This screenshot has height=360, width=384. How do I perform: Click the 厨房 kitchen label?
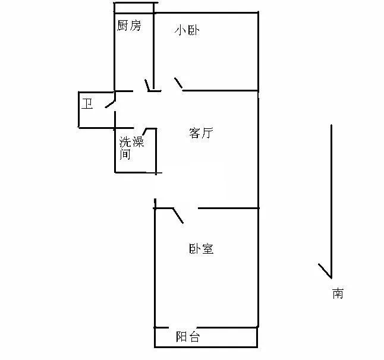coord(129,26)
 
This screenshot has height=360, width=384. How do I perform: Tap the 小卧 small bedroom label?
coord(187,30)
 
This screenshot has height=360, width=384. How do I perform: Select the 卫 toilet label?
coord(87,104)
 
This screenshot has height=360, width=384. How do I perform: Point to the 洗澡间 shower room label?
coord(131,148)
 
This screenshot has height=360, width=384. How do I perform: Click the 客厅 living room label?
coord(201,133)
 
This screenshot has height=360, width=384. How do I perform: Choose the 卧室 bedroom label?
coord(202,249)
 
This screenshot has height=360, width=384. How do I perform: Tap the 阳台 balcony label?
coord(188,337)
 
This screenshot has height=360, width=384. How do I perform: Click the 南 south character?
coord(338,293)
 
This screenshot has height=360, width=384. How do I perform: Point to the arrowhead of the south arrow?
coord(331,278)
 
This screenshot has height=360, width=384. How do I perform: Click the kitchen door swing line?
coord(147,86)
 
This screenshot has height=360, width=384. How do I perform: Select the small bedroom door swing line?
coord(178,83)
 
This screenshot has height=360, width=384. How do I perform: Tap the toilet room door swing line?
coord(110,103)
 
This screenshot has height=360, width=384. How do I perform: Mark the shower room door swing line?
coord(144,132)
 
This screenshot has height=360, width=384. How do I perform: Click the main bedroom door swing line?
coord(178,216)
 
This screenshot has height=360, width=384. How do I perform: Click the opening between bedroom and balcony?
coord(182,327)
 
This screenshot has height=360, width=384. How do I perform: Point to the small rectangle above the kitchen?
coord(134,8)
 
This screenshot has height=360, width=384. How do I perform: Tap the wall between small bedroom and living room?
coord(221,90)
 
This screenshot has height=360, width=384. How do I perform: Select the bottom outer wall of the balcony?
coord(206,347)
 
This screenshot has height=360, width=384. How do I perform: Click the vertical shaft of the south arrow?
coord(331,201)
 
